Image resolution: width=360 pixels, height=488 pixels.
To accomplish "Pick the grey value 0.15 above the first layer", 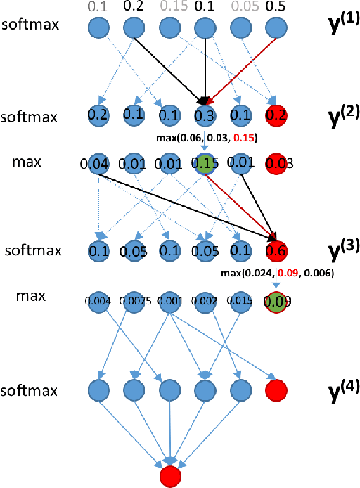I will (x=168, y=7).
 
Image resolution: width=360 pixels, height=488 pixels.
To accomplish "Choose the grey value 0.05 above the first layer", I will (x=240, y=7).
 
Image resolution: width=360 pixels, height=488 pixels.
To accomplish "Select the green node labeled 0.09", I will (x=277, y=302).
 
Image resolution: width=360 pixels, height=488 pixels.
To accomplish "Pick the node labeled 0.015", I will (x=240, y=302).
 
